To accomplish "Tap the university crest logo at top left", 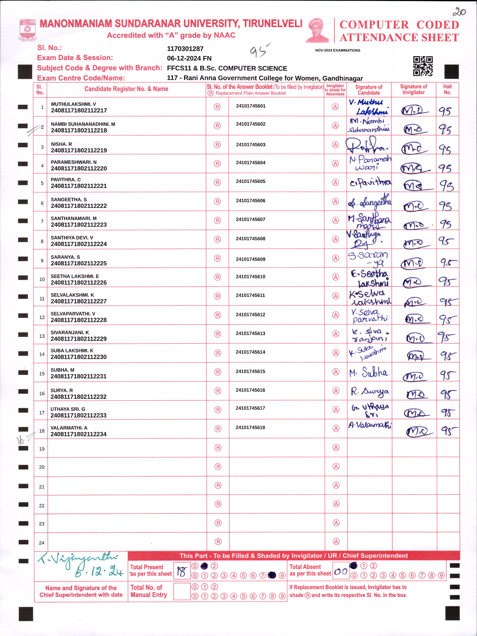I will pos(28,30).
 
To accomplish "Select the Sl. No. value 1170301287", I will pos(185,49).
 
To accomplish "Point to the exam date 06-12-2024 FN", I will pos(189,58).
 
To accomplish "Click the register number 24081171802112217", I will pos(79,110).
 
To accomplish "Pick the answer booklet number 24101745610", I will pos(251,277).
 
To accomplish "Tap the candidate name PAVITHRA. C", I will pos(66,179).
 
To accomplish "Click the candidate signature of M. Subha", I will pos(369,372).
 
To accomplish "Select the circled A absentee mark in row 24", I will pos(336,542).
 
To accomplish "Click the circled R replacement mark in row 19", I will pos(218,448).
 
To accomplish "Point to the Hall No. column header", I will pos(447,89).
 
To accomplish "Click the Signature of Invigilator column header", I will pos(413,89).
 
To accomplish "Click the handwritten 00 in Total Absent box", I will pos(341,571).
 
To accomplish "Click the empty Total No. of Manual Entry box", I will pos(182,591).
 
